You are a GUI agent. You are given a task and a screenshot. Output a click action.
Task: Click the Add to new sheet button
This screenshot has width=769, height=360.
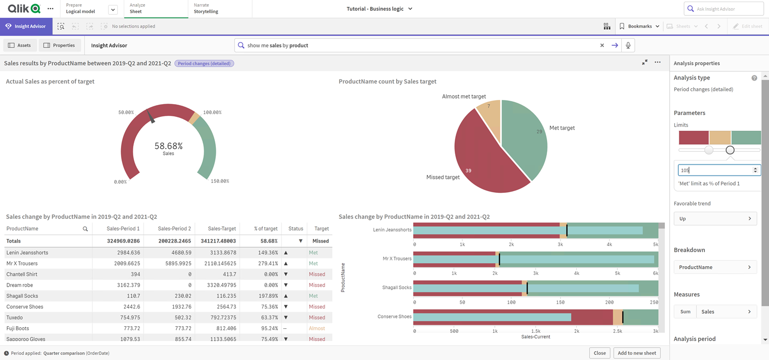coord(637,353)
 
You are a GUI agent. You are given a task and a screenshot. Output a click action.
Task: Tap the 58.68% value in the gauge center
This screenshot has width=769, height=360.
coord(168,146)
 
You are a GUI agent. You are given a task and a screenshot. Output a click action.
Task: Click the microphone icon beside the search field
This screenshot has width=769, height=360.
coord(628,45)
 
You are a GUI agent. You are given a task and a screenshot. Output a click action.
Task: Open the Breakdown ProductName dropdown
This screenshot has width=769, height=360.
coord(715,267)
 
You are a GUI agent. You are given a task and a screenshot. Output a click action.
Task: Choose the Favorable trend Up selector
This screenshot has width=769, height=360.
coord(715,218)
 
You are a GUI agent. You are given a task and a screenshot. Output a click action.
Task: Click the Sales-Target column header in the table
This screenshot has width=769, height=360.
coord(221,229)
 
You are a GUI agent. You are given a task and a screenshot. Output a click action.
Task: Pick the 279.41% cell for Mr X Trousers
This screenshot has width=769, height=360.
coord(266,264)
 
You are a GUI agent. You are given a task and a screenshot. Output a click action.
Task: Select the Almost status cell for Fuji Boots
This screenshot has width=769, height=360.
coord(317,328)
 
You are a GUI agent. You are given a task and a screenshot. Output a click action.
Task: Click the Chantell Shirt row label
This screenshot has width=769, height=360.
coord(22,274)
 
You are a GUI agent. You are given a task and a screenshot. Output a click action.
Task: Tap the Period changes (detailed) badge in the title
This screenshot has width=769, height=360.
coord(204,64)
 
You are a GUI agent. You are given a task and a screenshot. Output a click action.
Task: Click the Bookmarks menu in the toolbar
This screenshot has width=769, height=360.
coord(639,26)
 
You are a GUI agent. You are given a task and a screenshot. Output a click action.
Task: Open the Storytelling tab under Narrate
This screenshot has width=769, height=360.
coord(206,11)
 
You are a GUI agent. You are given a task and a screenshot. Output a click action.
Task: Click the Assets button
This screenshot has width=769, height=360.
coord(19,45)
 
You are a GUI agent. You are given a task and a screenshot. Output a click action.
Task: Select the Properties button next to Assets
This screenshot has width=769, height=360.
coord(59,45)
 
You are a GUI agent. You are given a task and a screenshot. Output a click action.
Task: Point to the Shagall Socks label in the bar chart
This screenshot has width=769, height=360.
coord(397,288)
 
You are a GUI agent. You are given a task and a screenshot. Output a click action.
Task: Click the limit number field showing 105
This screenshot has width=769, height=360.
coord(715,170)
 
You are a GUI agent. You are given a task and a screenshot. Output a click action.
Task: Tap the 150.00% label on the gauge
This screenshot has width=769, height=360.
coord(219,181)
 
